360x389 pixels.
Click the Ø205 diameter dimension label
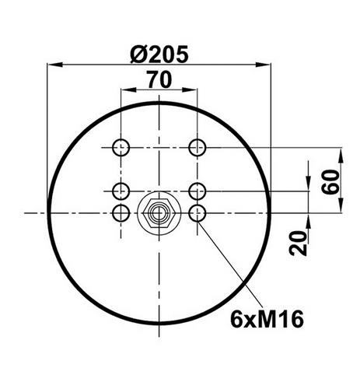[159, 54]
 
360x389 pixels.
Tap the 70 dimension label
[159, 79]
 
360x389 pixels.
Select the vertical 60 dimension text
[330, 182]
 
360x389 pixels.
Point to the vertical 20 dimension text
[298, 243]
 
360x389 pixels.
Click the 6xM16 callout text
[267, 320]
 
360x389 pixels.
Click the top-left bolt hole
[121, 148]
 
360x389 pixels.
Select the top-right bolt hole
[197, 148]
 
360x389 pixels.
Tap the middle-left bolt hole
[121, 191]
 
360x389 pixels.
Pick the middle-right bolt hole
[197, 191]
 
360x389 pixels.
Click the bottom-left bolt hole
[121, 213]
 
